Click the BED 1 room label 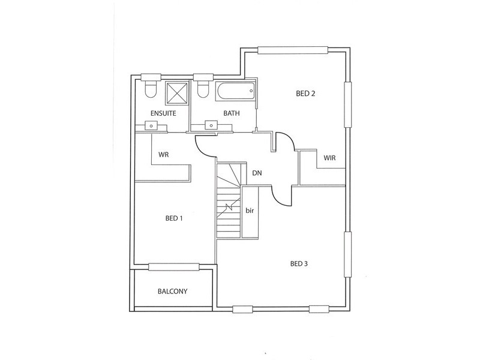click(x=173, y=218)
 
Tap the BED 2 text click(x=305, y=94)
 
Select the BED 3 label click(x=299, y=263)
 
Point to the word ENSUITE click(x=163, y=113)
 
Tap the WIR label click(x=329, y=158)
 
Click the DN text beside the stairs click(x=257, y=173)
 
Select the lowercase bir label click(x=250, y=211)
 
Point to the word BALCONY click(x=172, y=292)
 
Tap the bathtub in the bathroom click(x=235, y=92)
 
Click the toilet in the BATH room click(x=203, y=89)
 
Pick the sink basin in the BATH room click(x=211, y=125)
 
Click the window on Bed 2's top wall click(x=292, y=50)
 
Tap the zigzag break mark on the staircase click(x=228, y=207)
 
